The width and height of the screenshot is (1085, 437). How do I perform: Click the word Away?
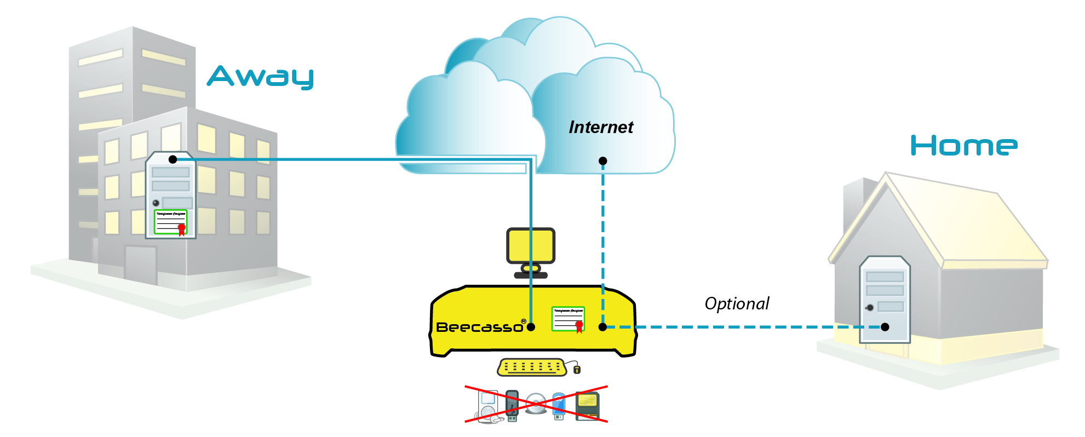click(260, 77)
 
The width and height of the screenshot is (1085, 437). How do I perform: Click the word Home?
click(963, 146)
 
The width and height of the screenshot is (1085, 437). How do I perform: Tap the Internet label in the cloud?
click(601, 128)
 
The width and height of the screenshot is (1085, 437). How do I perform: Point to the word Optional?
click(737, 304)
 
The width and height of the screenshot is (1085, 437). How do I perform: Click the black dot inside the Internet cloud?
click(603, 161)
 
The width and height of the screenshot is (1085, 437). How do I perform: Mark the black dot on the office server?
click(173, 159)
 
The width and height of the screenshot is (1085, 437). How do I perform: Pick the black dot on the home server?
click(885, 327)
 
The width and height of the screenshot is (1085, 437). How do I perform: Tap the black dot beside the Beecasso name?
click(531, 327)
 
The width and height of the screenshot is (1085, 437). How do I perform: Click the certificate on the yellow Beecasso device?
click(568, 319)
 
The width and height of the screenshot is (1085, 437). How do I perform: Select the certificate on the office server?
click(171, 222)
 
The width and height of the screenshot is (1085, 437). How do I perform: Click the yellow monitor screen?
click(531, 246)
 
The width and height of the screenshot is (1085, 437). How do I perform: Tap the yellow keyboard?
click(531, 367)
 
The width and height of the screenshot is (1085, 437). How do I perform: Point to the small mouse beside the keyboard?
click(577, 370)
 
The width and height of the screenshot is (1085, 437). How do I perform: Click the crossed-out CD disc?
click(536, 404)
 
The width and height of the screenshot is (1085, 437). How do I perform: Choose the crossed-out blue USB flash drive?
click(559, 406)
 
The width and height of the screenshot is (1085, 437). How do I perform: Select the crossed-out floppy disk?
click(588, 406)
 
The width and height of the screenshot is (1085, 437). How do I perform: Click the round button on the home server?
click(870, 308)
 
